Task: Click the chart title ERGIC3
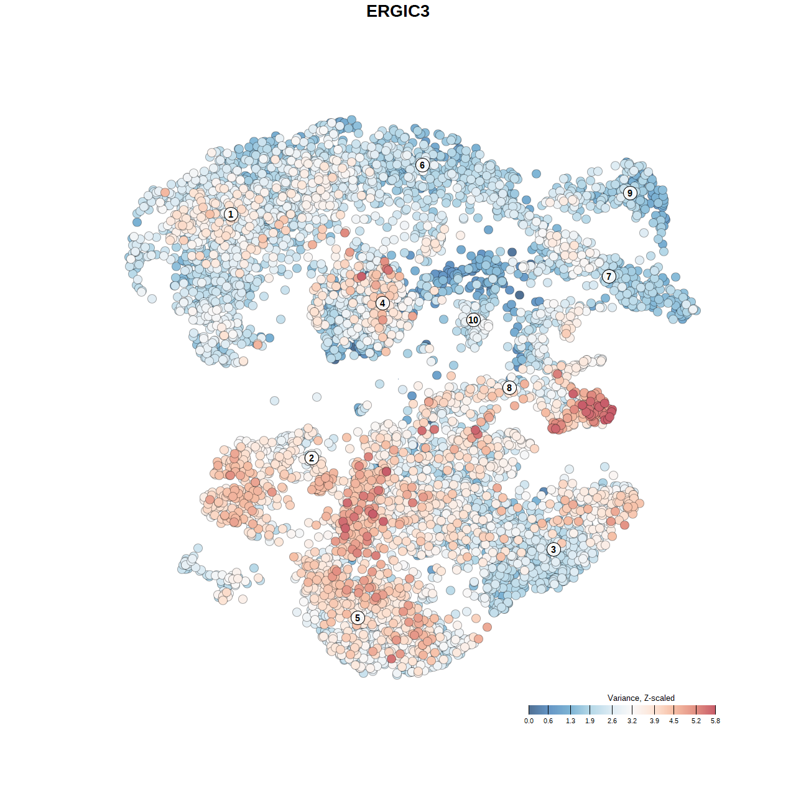pyautogui.click(x=398, y=11)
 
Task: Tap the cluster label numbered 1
pyautogui.click(x=231, y=214)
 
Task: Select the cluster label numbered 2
pyautogui.click(x=312, y=458)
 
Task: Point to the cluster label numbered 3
pyautogui.click(x=553, y=549)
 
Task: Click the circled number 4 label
pyautogui.click(x=382, y=303)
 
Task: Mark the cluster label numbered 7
pyautogui.click(x=609, y=276)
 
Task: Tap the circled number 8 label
pyautogui.click(x=509, y=387)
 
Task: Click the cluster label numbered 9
pyautogui.click(x=630, y=193)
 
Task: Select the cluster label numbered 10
pyautogui.click(x=473, y=320)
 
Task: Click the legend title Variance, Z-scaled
pyautogui.click(x=641, y=698)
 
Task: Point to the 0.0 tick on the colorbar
pyautogui.click(x=529, y=721)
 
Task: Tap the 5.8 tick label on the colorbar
pyautogui.click(x=715, y=721)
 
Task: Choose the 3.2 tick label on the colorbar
pyautogui.click(x=632, y=721)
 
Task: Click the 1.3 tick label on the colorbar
pyautogui.click(x=570, y=721)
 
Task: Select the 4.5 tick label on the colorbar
pyautogui.click(x=673, y=721)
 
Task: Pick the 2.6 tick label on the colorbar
pyautogui.click(x=612, y=721)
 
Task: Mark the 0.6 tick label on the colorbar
pyautogui.click(x=548, y=721)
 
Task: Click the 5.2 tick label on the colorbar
pyautogui.click(x=696, y=721)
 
